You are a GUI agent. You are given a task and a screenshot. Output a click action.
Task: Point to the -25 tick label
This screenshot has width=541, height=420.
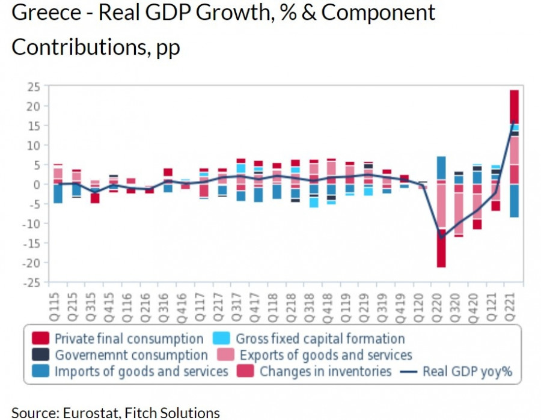pyautogui.click(x=31, y=282)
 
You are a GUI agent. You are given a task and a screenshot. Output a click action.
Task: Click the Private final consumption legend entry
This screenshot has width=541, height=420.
pyautogui.click(x=129, y=339)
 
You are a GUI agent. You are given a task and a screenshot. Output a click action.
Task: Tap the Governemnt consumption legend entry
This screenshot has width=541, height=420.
pyautogui.click(x=131, y=355)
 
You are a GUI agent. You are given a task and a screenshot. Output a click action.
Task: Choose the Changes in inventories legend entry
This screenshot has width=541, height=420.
pyautogui.click(x=325, y=371)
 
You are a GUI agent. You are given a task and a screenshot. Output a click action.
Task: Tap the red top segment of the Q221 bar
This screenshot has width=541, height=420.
pyautogui.click(x=515, y=106)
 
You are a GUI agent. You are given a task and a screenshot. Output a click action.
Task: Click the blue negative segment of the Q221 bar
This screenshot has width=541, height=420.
pyautogui.click(x=515, y=201)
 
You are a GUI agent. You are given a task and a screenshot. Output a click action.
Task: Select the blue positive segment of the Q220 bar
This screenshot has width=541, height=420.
pyautogui.click(x=441, y=168)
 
